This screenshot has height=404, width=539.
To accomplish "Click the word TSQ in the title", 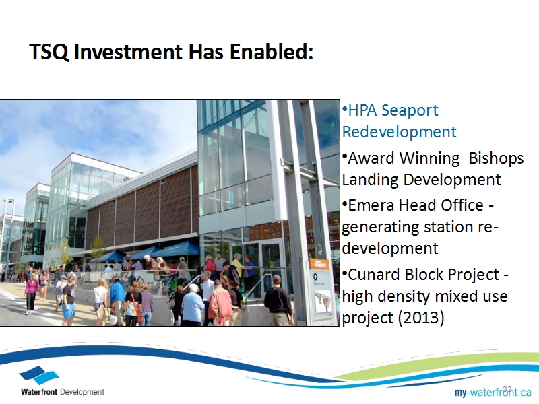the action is (49, 52).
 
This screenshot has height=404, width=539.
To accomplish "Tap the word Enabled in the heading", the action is (271, 52).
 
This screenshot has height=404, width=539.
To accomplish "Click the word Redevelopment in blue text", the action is (399, 132).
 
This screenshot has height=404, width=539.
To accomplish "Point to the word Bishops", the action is (496, 159).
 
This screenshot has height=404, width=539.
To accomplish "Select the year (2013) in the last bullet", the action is (420, 317).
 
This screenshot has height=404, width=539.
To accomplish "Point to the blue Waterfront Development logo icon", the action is (39, 375).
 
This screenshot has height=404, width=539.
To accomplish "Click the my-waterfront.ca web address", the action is (493, 392).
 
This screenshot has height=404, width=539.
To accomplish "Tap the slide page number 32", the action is (507, 389).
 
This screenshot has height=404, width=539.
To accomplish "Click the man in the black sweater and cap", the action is (279, 300).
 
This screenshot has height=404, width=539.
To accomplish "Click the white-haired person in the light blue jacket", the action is (193, 305).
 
